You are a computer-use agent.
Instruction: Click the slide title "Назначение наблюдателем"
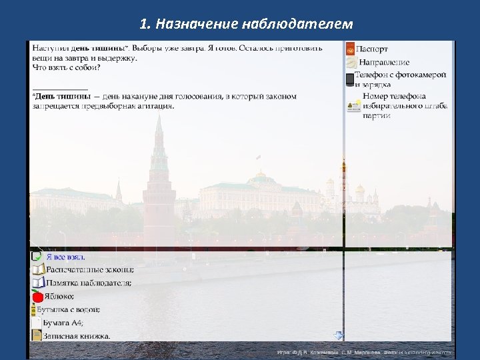coord(247,25)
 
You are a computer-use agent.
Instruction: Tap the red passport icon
coord(350,49)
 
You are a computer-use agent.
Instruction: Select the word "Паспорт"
coord(372,49)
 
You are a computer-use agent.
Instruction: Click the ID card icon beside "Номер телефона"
coord(353,105)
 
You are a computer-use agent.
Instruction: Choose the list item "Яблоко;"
coord(59,297)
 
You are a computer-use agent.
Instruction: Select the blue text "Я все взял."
coord(65,257)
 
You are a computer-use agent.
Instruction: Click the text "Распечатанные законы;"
coord(89,269)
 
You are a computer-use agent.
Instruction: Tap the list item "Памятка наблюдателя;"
coord(88,283)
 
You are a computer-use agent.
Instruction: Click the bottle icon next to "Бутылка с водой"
coord(34,310)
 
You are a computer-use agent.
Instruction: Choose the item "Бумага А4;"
coord(63,323)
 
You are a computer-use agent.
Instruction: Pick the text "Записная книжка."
coord(77,335)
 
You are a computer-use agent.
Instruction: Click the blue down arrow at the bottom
coord(338,335)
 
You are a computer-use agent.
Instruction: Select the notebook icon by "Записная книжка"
coord(37,335)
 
